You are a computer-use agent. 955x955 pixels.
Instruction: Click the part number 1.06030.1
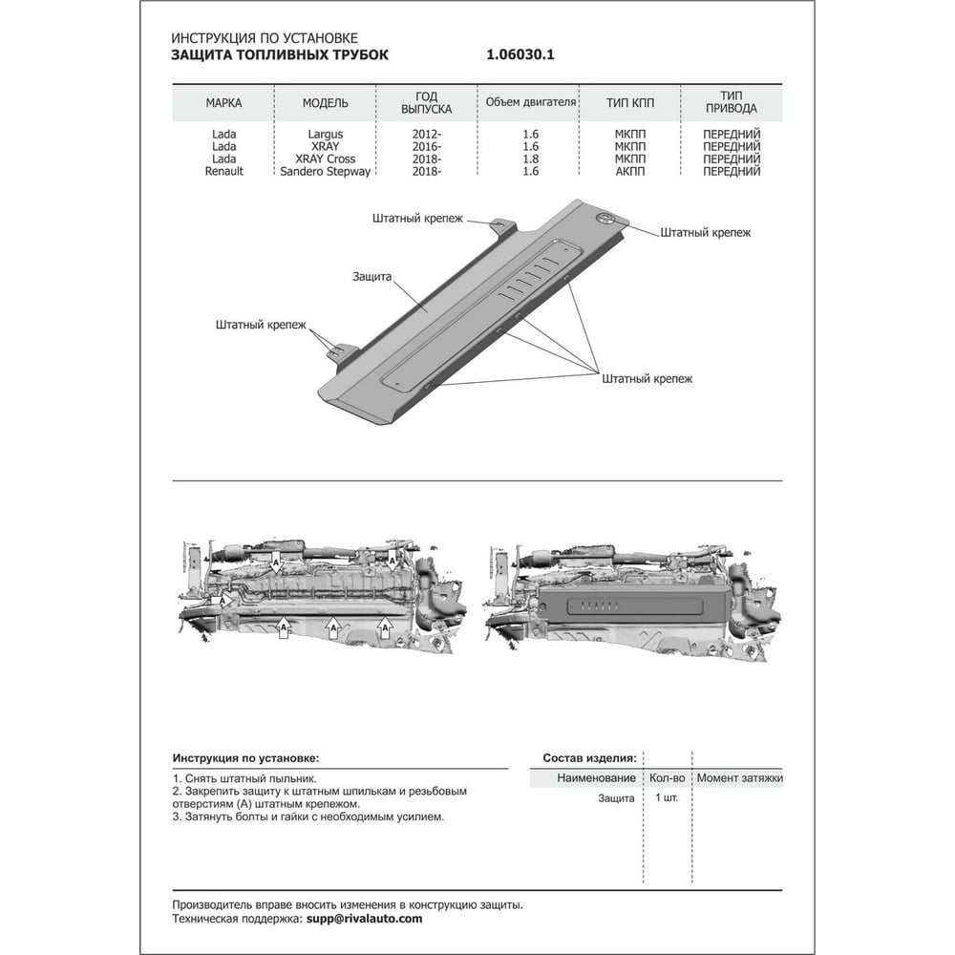(x=520, y=54)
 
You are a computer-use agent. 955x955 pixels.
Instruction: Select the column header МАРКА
(x=223, y=103)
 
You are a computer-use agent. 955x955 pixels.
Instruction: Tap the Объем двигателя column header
(x=530, y=102)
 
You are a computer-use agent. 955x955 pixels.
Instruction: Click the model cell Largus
(x=326, y=134)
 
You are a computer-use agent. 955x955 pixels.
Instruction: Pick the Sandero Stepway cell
(x=326, y=172)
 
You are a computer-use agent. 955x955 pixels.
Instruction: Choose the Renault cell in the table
(x=223, y=172)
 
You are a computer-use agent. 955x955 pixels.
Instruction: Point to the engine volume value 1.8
(x=530, y=159)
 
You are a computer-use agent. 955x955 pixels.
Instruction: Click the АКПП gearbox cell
(x=629, y=172)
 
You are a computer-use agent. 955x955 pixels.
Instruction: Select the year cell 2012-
(x=426, y=134)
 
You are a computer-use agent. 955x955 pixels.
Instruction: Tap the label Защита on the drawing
(x=371, y=277)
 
